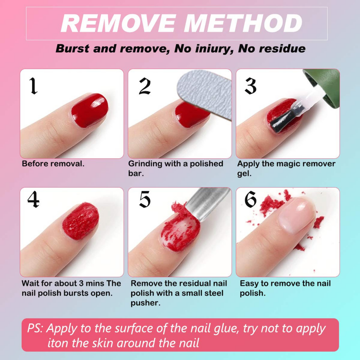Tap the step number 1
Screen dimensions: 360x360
(34, 86)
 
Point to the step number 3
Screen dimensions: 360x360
(251, 86)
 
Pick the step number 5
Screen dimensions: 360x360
(145, 199)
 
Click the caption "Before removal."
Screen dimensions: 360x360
(53, 164)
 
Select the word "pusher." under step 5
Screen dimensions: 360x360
(145, 303)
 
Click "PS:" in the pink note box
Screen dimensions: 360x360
(35, 328)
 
